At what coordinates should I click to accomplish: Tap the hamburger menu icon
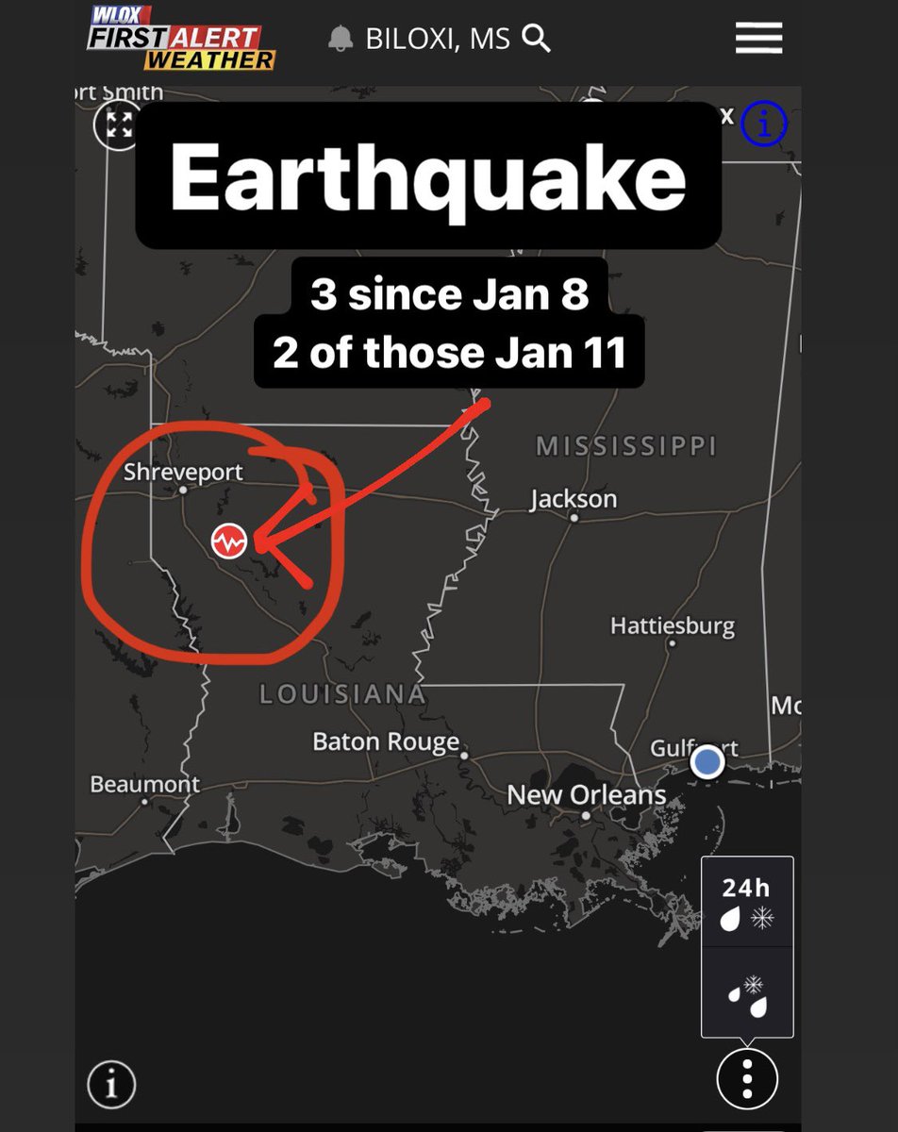(x=758, y=39)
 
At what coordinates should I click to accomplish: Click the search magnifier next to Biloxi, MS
(x=536, y=39)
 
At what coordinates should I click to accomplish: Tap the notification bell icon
(x=341, y=40)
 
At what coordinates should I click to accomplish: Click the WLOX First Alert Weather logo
(x=180, y=38)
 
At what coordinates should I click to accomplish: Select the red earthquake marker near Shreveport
(x=229, y=541)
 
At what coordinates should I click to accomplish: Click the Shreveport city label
(x=183, y=472)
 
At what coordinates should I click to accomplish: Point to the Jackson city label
(x=574, y=499)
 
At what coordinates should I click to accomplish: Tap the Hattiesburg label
(x=672, y=625)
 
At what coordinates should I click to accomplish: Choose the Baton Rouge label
(x=386, y=741)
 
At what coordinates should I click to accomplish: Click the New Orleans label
(x=586, y=795)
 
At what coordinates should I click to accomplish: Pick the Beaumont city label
(x=144, y=784)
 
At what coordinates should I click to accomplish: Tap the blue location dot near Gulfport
(x=707, y=761)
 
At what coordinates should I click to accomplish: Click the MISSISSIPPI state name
(x=626, y=445)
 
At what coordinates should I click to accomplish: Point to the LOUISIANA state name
(x=342, y=695)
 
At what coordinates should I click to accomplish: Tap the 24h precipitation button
(x=746, y=903)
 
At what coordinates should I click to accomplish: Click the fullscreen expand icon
(x=119, y=125)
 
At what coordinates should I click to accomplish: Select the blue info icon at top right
(x=763, y=125)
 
